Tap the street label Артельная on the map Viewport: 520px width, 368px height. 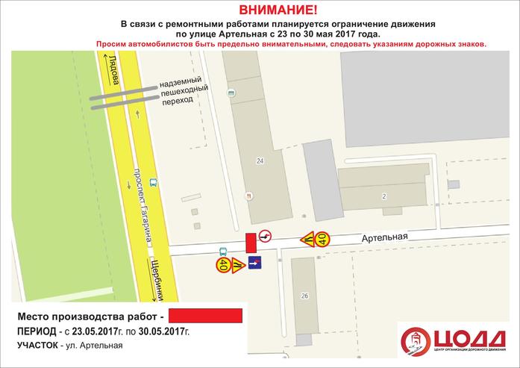tap(385, 237)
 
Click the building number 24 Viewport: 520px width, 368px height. tap(260, 160)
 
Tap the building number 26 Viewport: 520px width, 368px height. tap(304, 296)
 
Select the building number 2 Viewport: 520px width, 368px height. tap(383, 196)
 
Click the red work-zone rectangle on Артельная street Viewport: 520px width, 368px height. tap(250, 243)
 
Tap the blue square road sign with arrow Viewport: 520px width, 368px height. tap(254, 263)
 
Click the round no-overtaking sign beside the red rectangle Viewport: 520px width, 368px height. tap(265, 237)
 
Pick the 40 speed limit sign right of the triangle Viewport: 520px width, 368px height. tap(322, 239)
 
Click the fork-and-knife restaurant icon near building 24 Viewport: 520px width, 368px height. tap(248, 196)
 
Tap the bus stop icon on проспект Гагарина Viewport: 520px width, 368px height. tap(153, 181)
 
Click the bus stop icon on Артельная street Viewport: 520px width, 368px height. tap(222, 251)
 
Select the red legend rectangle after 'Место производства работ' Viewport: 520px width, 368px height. tap(205, 315)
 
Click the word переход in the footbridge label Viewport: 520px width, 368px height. tap(181, 108)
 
